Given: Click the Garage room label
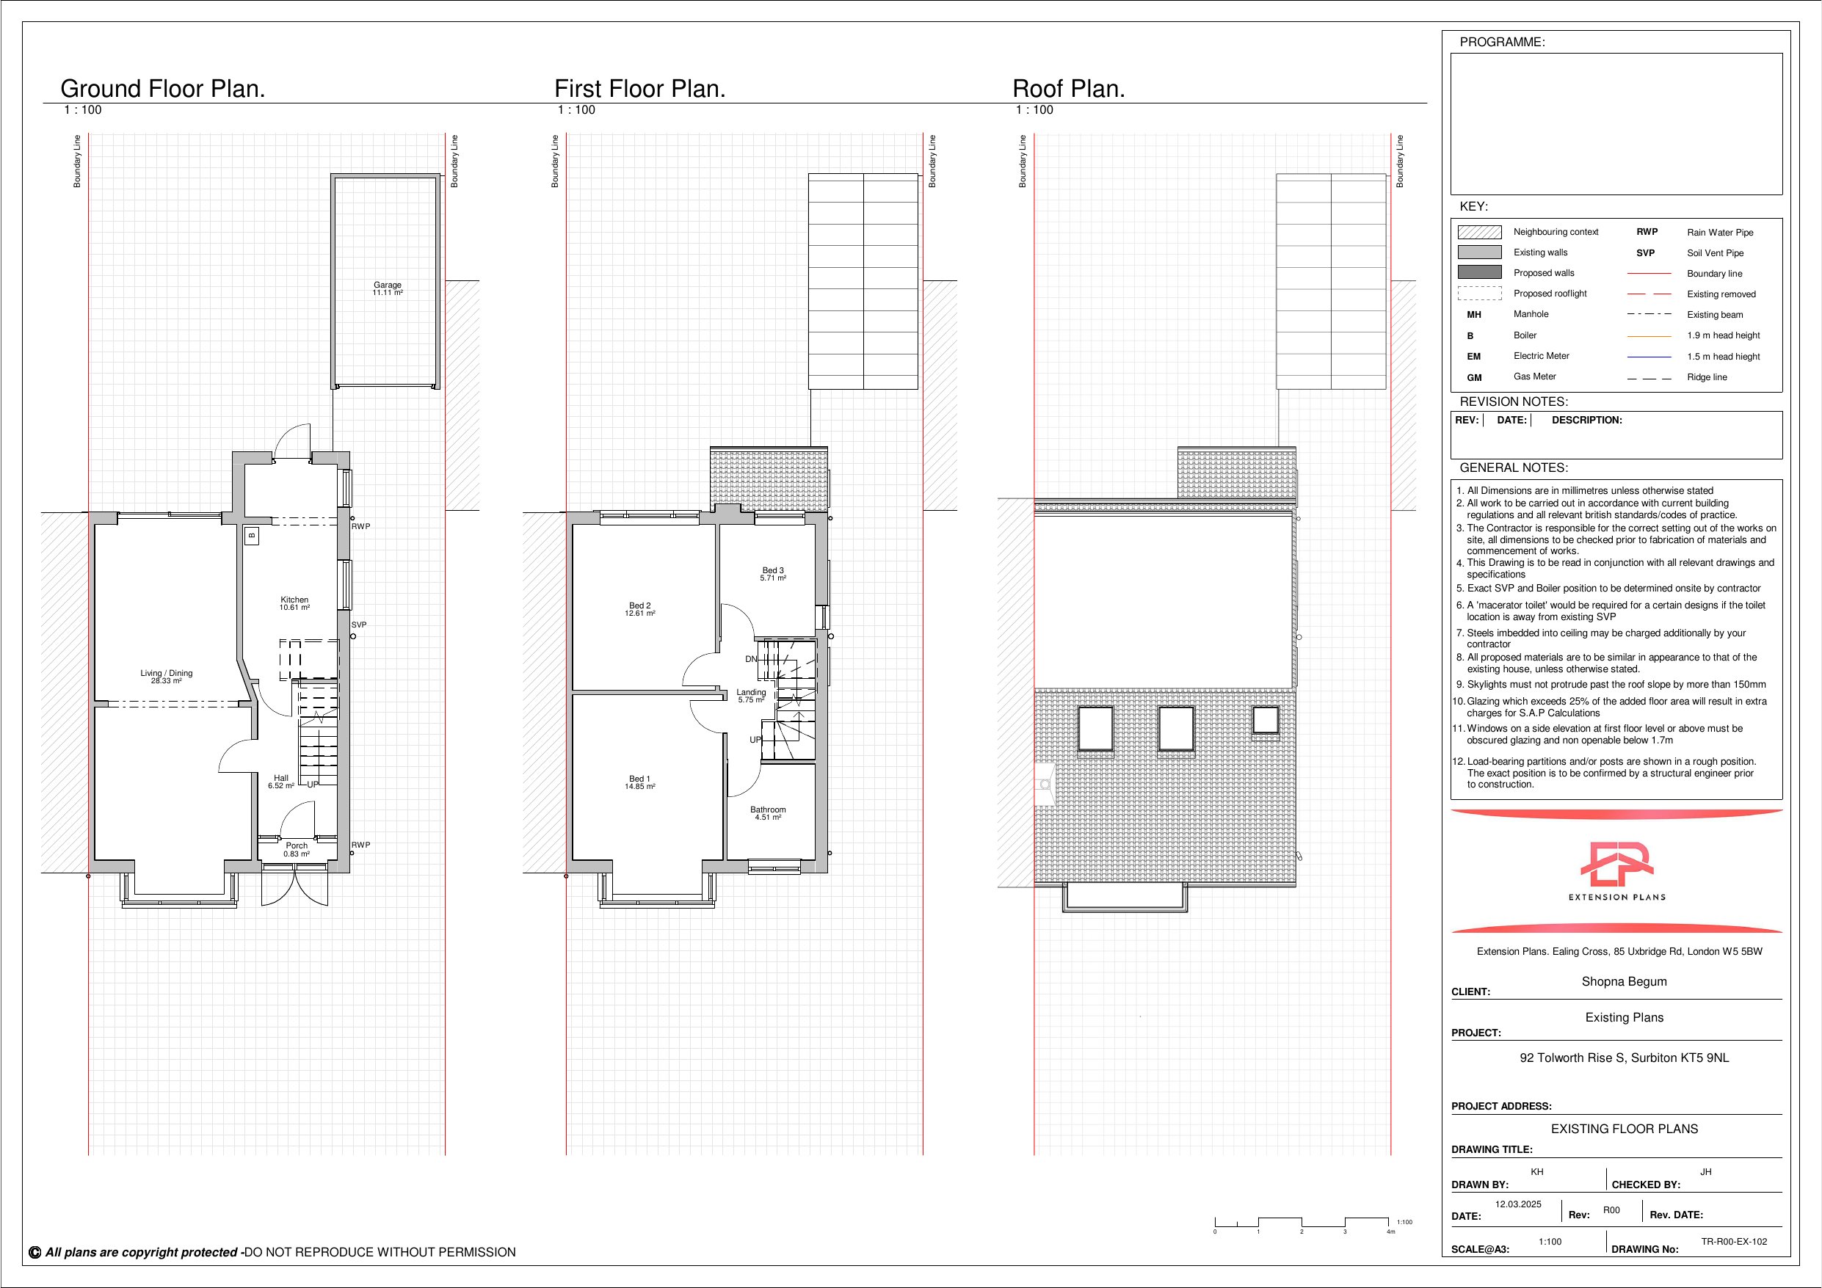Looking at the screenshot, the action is tap(388, 285).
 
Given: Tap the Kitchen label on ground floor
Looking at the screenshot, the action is tap(294, 600).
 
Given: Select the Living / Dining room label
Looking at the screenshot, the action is tap(167, 673).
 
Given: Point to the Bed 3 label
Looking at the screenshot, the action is tap(773, 570).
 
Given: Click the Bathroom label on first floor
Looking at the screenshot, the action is tap(768, 809).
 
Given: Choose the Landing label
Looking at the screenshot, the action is tap(751, 692).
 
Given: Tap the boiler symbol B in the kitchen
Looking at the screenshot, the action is tap(253, 536).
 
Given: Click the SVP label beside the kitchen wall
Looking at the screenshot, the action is tap(359, 625).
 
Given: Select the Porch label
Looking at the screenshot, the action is tap(297, 846).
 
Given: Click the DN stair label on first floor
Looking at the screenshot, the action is tap(751, 659).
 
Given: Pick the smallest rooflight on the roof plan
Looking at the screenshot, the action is tap(1266, 720).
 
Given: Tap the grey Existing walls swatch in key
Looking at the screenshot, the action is tap(1479, 252).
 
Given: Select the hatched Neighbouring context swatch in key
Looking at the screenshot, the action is tap(1479, 232).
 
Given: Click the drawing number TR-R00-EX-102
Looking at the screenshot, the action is tap(1734, 1241).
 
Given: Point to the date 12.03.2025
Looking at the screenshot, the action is tap(1518, 1204).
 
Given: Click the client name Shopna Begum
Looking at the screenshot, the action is tap(1625, 982).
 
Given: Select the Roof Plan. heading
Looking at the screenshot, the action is tap(1069, 89).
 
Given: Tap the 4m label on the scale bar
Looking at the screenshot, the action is tap(1390, 1231).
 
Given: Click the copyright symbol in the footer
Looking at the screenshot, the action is tap(35, 1252).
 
